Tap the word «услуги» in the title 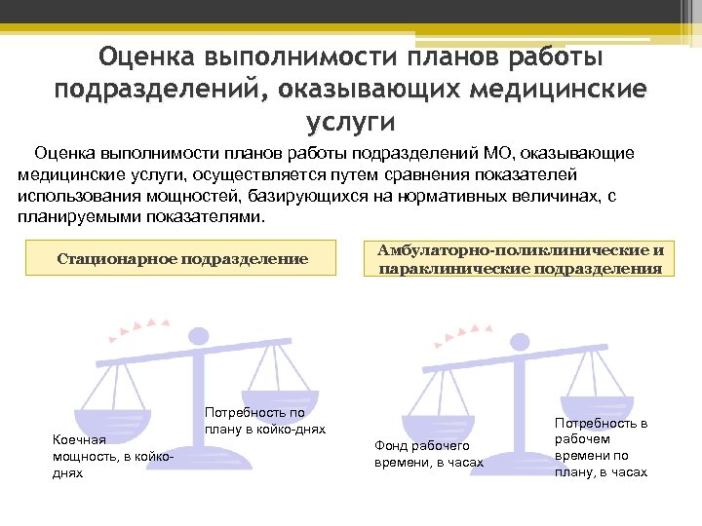coord(351,122)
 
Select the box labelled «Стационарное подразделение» coord(182,259)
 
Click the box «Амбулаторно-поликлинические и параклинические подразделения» coord(520,259)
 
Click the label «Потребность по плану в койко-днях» coord(264,421)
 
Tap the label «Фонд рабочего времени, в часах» coord(429,453)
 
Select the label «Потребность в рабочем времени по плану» coord(601,447)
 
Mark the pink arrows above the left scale coord(144,325)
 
